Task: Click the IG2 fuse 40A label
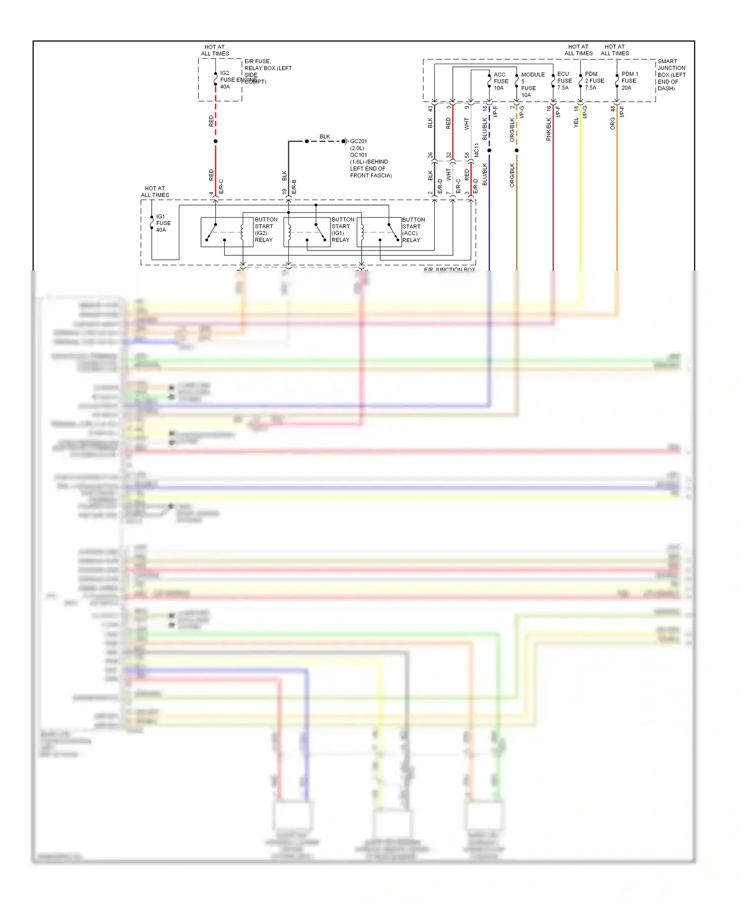(x=225, y=80)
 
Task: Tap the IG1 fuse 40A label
(x=163, y=223)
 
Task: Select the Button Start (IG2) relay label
(x=266, y=230)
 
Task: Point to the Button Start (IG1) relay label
(x=342, y=230)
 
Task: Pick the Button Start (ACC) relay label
(x=413, y=230)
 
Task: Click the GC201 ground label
(x=358, y=141)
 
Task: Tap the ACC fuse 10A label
(x=500, y=81)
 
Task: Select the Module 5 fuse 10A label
(x=532, y=84)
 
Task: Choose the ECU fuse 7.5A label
(x=564, y=81)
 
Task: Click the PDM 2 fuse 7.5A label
(x=594, y=81)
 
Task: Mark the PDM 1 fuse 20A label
(x=629, y=81)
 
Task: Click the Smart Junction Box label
(x=671, y=75)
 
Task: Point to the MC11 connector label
(x=477, y=150)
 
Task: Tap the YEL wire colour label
(x=576, y=123)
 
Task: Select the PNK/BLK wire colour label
(x=548, y=129)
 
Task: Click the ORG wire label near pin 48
(x=613, y=123)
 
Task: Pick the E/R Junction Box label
(x=449, y=269)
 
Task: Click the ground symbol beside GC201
(x=345, y=141)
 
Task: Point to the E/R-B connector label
(x=294, y=186)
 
